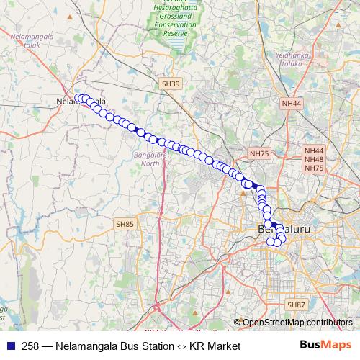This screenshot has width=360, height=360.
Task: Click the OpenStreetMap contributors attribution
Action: [x=297, y=323]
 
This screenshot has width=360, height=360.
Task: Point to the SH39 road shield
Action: [x=171, y=84]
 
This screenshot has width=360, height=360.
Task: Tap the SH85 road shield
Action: [x=125, y=225]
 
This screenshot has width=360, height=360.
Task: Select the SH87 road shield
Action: [x=296, y=305]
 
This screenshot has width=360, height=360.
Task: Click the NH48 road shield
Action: [x=314, y=159]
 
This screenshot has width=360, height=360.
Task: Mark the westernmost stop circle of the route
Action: [x=78, y=99]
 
